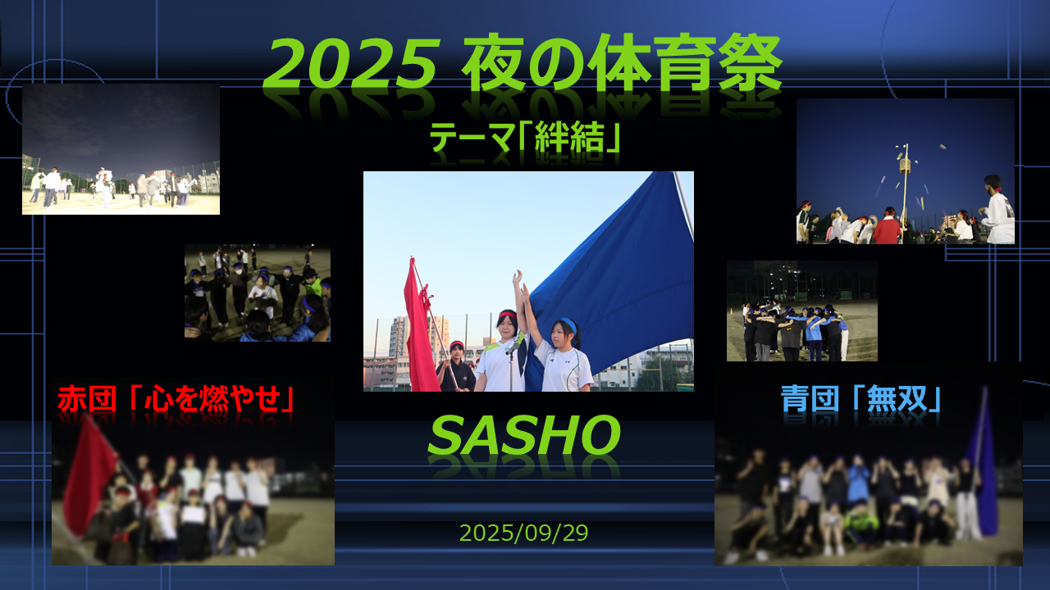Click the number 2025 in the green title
[x=351, y=64]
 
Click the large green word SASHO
[x=524, y=435]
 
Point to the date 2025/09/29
[x=523, y=533]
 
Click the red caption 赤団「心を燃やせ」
[x=176, y=399]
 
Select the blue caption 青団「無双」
[x=861, y=398]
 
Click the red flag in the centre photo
[x=421, y=328]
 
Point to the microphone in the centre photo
[x=513, y=347]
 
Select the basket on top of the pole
[x=905, y=166]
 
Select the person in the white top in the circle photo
[x=263, y=296]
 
